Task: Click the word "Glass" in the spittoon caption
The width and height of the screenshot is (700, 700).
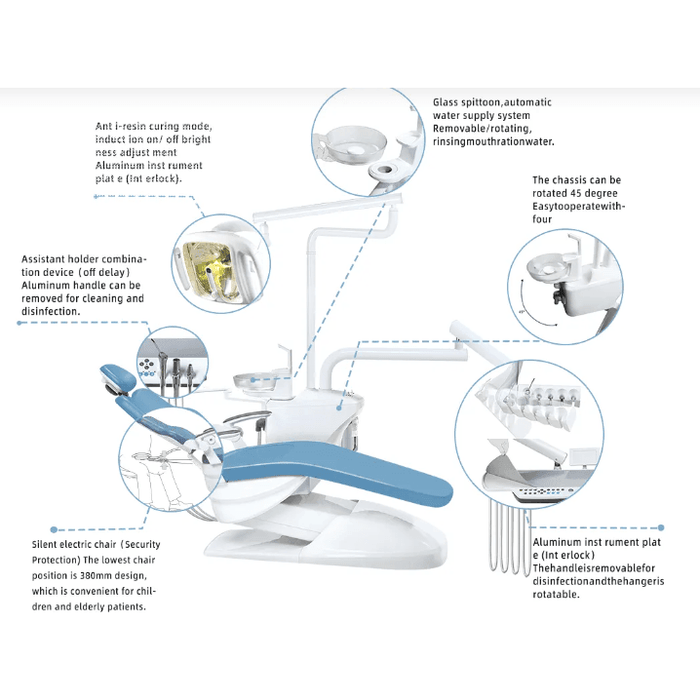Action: tap(446, 102)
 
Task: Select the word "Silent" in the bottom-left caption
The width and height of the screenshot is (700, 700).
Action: tap(48, 545)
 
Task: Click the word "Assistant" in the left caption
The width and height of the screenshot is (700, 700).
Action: tap(48, 260)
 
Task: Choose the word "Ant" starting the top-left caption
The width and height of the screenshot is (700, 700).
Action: tap(104, 127)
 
